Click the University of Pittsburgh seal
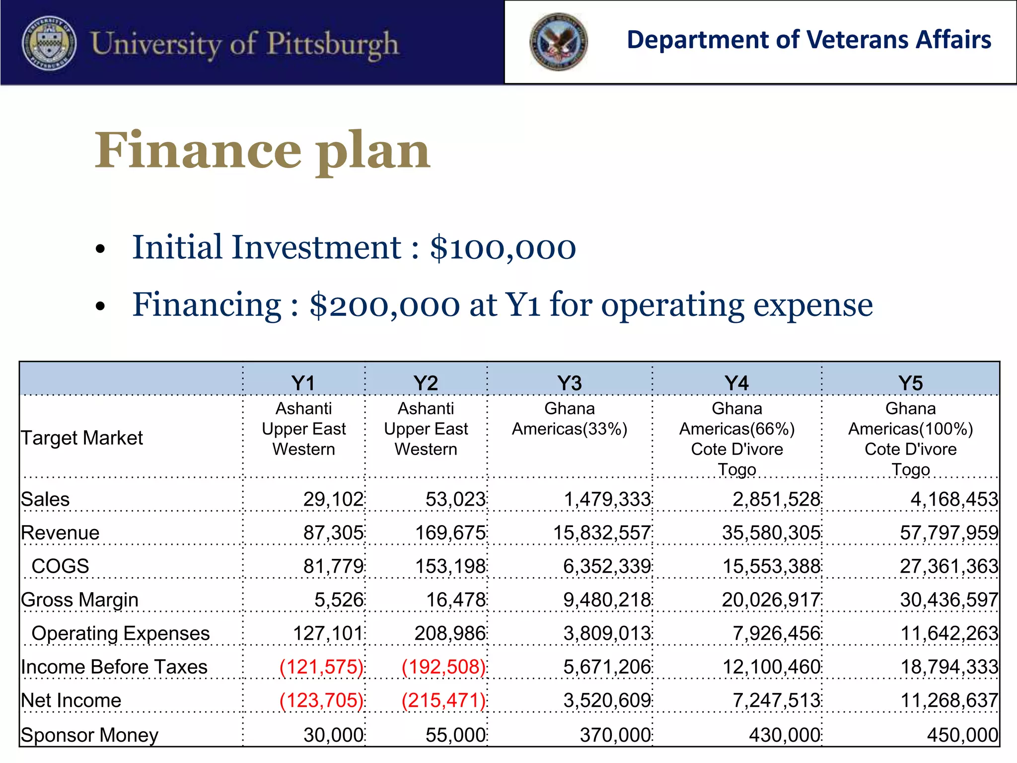tap(49, 43)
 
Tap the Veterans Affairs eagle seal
tap(558, 42)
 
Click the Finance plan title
tap(262, 150)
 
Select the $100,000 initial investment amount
tap(503, 247)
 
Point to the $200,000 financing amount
tap(384, 305)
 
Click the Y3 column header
tap(569, 383)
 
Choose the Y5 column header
tap(910, 383)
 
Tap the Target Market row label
tap(82, 438)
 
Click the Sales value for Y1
tap(333, 499)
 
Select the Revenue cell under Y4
tap(771, 533)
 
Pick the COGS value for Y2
tap(450, 566)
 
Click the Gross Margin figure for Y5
tap(948, 600)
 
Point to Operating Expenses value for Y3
tap(607, 633)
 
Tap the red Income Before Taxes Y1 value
tap(321, 667)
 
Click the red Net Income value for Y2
tap(443, 700)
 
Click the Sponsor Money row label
tap(89, 735)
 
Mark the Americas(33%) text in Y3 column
tap(570, 429)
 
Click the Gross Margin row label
tap(79, 600)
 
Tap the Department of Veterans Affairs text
tap(809, 40)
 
